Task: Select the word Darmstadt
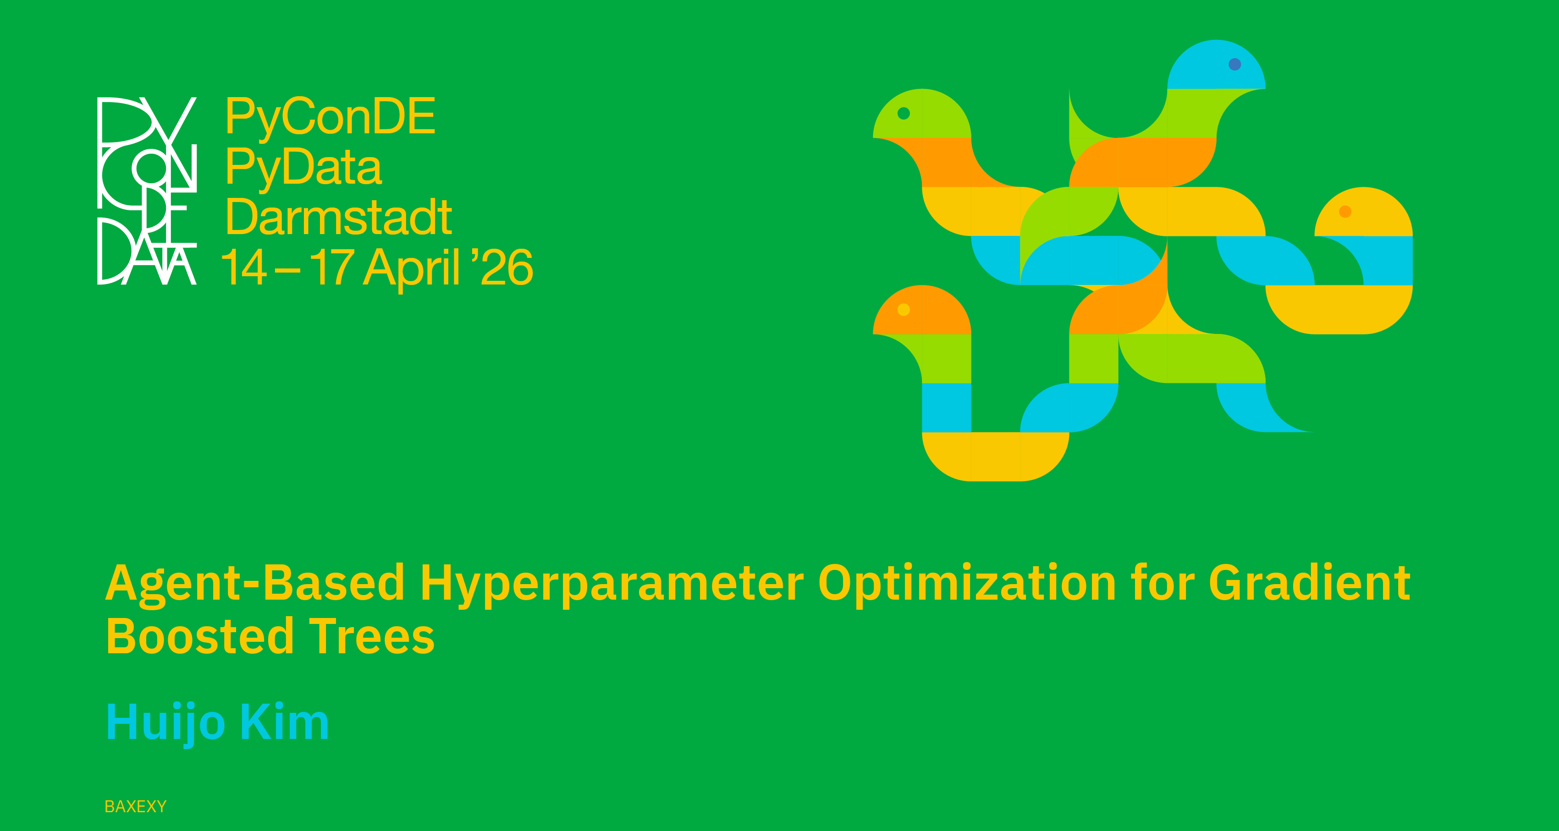(338, 217)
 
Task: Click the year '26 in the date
(501, 266)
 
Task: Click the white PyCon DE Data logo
(147, 191)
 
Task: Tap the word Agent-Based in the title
(255, 584)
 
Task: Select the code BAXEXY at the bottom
(136, 806)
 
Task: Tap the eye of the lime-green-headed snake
(903, 113)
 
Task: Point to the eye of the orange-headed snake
(903, 310)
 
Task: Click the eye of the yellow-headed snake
(1345, 212)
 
